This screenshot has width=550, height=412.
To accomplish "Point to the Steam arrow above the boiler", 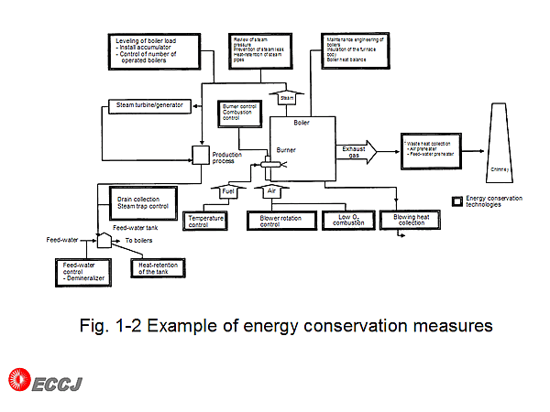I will tap(284, 95).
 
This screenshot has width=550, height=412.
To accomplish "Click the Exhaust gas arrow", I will tap(357, 152).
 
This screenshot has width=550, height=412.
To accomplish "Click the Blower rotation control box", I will tap(281, 221).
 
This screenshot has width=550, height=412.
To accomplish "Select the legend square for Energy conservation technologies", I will tap(457, 200).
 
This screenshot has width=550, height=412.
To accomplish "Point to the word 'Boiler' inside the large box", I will tap(302, 122).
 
